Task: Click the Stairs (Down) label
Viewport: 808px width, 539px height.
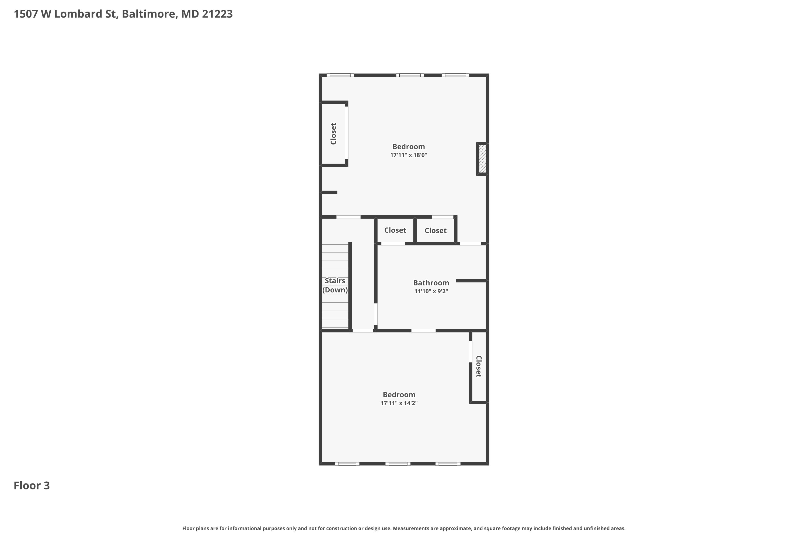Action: pyautogui.click(x=335, y=285)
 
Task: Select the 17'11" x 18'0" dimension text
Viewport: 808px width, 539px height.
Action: pyautogui.click(x=409, y=155)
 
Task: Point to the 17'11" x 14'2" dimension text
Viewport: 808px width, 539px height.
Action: pyautogui.click(x=399, y=403)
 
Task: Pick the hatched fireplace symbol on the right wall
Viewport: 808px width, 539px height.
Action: pyautogui.click(x=482, y=159)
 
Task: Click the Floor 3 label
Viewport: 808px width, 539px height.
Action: pyautogui.click(x=32, y=485)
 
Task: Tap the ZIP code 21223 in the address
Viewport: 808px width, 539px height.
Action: pyautogui.click(x=217, y=14)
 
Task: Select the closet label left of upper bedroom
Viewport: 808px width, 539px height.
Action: pyautogui.click(x=333, y=134)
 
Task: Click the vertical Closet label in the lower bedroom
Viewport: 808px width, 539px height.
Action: pyautogui.click(x=479, y=367)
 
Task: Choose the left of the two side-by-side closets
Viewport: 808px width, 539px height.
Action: pyautogui.click(x=395, y=230)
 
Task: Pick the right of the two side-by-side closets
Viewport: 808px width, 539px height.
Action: pyautogui.click(x=436, y=231)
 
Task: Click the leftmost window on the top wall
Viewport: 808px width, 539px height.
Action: pyautogui.click(x=340, y=75)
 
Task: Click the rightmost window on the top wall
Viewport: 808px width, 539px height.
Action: pyautogui.click(x=455, y=75)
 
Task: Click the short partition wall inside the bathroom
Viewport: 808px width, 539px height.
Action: pyautogui.click(x=471, y=281)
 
